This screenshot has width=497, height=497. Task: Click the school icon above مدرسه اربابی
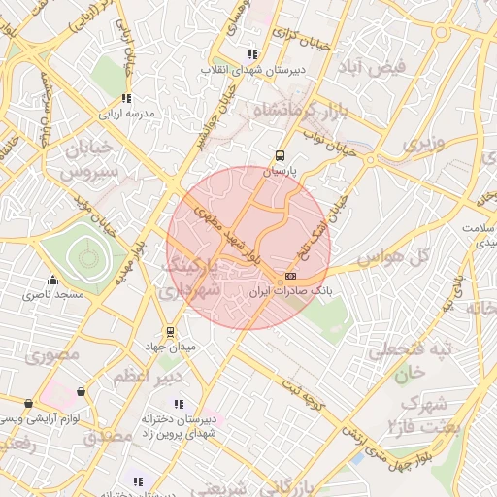tap(126, 98)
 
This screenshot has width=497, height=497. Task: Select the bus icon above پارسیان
tap(280, 155)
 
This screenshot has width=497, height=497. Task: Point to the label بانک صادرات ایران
tap(290, 290)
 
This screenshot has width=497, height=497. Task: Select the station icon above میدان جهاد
tap(171, 331)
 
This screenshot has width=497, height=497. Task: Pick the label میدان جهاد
tap(176, 346)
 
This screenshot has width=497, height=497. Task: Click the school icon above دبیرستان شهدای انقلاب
tap(253, 55)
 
